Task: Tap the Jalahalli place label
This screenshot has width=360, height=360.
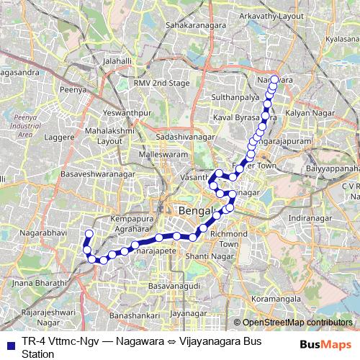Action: click(x=118, y=62)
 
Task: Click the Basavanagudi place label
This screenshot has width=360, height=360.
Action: click(x=173, y=286)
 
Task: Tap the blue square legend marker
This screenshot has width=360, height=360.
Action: click(x=10, y=343)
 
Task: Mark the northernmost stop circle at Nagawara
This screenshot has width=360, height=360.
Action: click(x=274, y=80)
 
